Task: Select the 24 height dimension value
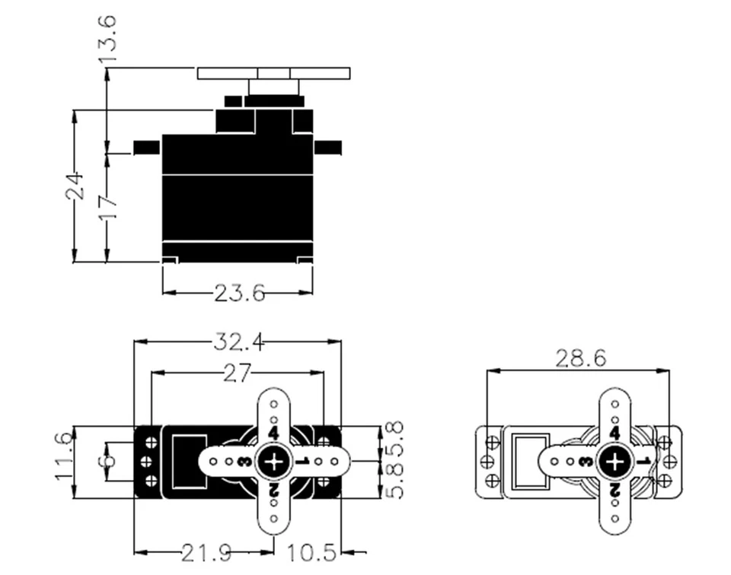point(75,186)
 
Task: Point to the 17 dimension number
point(107,205)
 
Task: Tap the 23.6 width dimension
point(239,293)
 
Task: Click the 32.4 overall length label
point(238,343)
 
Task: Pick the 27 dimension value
point(238,373)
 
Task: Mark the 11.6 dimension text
point(64,456)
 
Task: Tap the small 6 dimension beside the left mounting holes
point(108,461)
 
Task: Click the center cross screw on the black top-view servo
point(273,461)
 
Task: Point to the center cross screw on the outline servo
point(614,461)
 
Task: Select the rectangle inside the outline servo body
point(530,460)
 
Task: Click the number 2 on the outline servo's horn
point(614,490)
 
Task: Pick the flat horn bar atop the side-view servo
point(274,74)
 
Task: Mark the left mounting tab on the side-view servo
point(147,147)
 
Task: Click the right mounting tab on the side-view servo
point(327,147)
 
